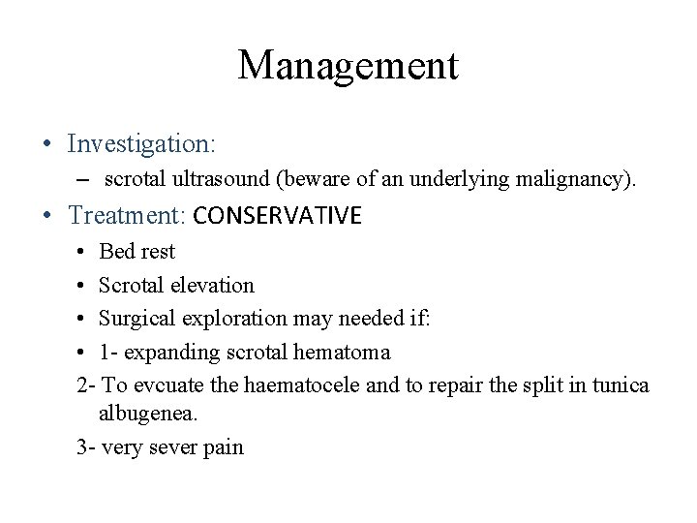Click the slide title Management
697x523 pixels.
coord(348,66)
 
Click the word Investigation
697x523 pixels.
coord(141,144)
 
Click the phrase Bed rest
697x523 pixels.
coord(137,253)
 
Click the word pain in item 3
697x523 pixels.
coord(224,448)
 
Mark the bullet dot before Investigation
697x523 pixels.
coord(46,145)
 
